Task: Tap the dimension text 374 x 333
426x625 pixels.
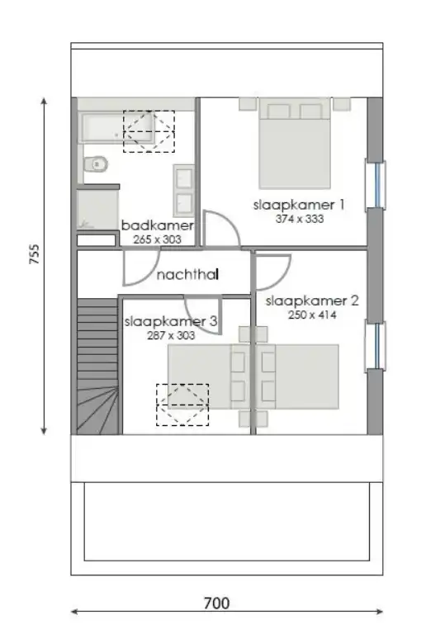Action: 300,220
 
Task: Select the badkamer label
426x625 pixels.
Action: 158,225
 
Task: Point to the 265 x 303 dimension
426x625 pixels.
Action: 155,239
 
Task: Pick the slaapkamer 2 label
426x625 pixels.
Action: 312,301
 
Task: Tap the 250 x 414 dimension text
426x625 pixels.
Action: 312,315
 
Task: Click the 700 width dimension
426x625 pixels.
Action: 216,604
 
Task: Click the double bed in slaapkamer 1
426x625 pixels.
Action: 296,144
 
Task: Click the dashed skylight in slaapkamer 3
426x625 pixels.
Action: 182,405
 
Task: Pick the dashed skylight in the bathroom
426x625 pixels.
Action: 149,131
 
